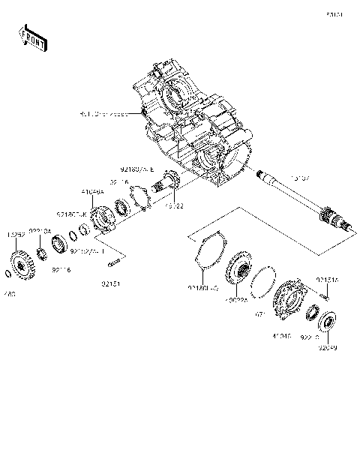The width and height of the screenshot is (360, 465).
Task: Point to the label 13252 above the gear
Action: point(17,234)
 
